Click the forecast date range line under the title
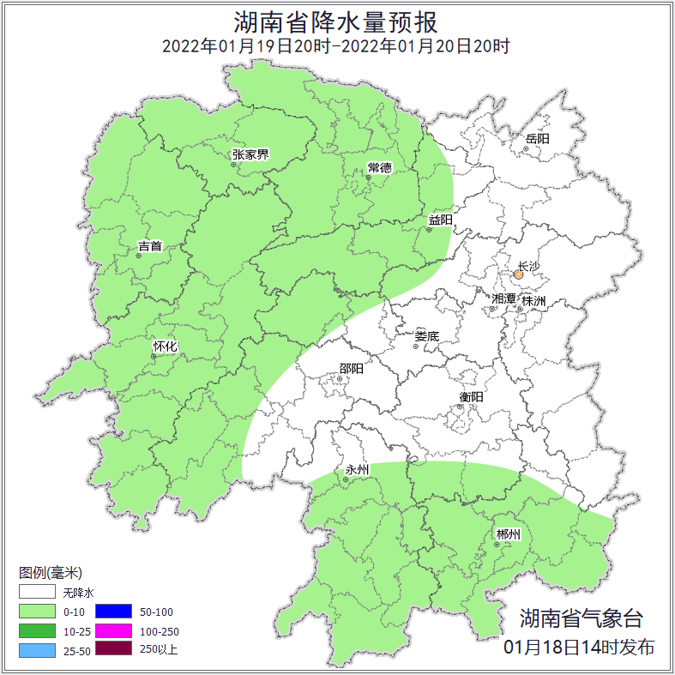(336, 46)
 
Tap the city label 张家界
(250, 154)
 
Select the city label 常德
(378, 166)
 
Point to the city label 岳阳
(537, 138)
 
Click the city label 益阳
(440, 220)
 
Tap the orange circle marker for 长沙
(518, 275)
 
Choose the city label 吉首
(149, 246)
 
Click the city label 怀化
(165, 346)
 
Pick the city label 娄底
(426, 336)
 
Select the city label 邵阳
(350, 369)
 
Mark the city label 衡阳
(471, 396)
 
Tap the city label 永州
(356, 470)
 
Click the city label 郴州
(508, 534)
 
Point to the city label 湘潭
(503, 298)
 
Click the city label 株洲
(533, 301)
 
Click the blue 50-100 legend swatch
(113, 612)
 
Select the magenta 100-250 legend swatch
(113, 630)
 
